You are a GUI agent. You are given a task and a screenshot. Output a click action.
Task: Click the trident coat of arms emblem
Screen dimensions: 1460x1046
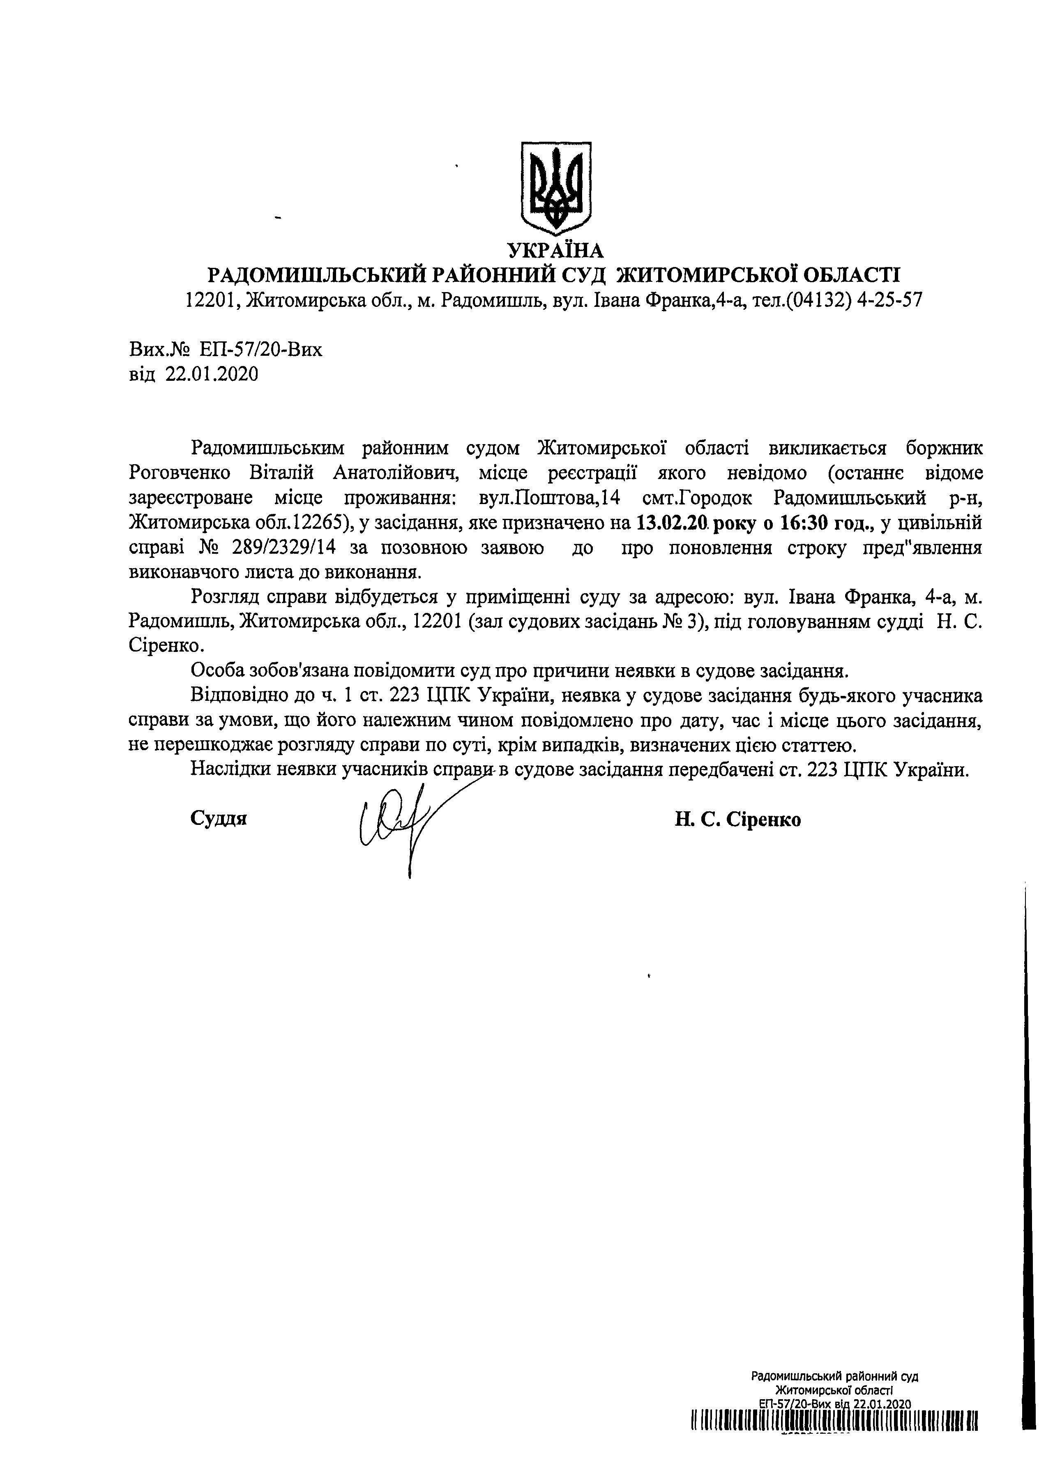pos(555,188)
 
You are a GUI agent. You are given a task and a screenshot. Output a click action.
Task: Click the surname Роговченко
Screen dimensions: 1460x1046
pos(180,473)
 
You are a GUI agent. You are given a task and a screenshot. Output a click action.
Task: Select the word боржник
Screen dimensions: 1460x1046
pos(944,448)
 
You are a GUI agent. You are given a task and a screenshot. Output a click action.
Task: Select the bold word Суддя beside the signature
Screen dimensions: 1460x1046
pos(219,819)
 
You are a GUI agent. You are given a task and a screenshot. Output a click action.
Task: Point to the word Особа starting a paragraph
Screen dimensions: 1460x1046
pos(219,671)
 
